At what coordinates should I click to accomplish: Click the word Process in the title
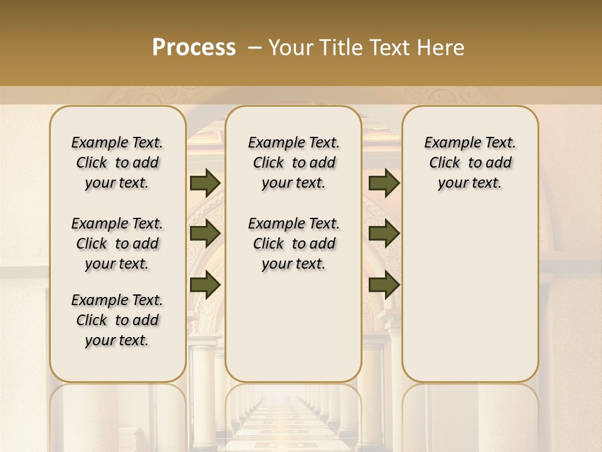(194, 48)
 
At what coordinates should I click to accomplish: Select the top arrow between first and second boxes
(204, 183)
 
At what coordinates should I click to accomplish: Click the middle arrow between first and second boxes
(204, 234)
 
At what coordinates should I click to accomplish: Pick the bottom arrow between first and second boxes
(204, 284)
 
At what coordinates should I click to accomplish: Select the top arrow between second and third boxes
(384, 183)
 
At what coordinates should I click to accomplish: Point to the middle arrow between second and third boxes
(384, 234)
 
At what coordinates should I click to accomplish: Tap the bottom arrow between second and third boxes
(384, 284)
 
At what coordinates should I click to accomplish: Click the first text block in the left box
(117, 163)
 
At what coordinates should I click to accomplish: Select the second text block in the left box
(117, 244)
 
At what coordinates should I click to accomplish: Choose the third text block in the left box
(117, 320)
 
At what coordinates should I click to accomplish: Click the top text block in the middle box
(293, 163)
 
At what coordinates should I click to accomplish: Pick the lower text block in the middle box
(293, 244)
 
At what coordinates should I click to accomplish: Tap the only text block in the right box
(470, 163)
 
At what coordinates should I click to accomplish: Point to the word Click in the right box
(445, 163)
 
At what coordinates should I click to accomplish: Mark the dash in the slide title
(255, 48)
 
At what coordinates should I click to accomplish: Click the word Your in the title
(290, 48)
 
